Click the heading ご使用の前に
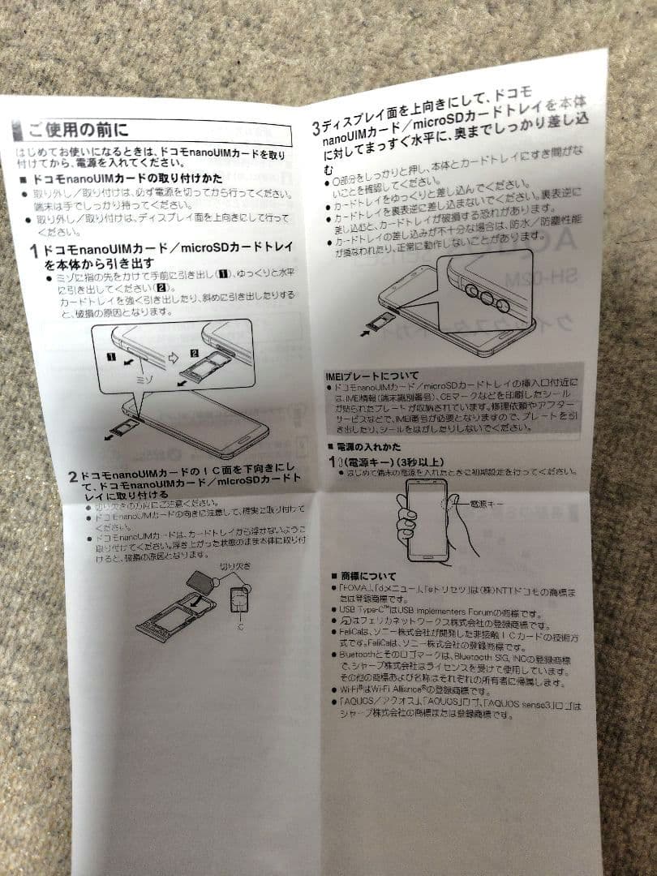[x=77, y=129]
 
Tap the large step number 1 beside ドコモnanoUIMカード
[x=33, y=251]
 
